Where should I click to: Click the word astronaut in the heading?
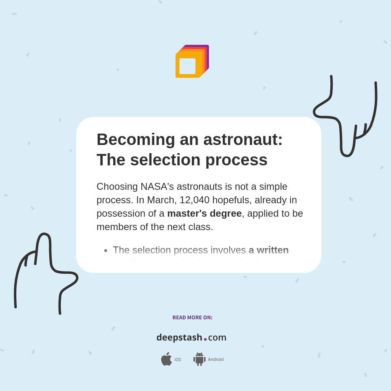point(243,139)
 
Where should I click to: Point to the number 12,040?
point(195,200)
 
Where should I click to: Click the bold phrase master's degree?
point(204,213)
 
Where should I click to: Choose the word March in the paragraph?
point(160,200)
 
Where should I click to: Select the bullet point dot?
point(106,250)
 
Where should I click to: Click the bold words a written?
point(268,250)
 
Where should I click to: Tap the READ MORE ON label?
point(192,318)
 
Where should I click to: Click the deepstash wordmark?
point(179,337)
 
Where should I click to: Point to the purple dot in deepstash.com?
point(205,339)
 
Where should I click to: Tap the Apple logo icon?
point(166,359)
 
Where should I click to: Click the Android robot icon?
point(199,359)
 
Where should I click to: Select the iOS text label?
point(178,360)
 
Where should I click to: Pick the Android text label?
point(215,360)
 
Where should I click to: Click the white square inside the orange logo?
point(187,66)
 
